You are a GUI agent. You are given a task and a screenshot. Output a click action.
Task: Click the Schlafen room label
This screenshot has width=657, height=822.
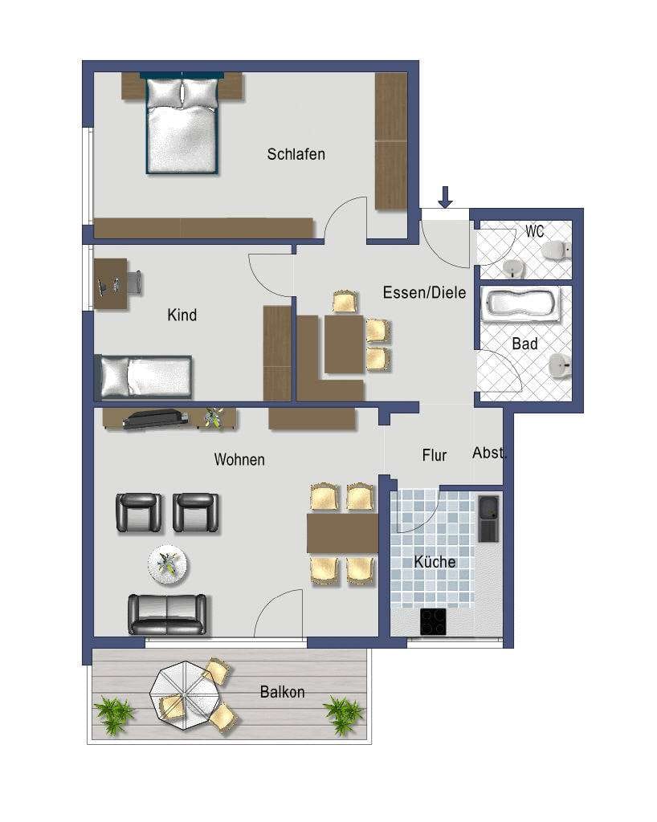[296, 154]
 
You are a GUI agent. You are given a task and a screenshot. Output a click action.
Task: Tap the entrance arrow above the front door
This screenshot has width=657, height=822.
[445, 197]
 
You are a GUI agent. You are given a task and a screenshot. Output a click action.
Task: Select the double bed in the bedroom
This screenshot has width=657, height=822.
[182, 124]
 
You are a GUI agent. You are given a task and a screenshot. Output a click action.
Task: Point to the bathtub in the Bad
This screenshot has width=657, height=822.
[521, 304]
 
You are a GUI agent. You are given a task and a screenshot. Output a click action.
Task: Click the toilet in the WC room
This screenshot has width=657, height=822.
[557, 250]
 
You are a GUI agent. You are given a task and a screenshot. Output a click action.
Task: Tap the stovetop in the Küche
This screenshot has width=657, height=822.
[433, 622]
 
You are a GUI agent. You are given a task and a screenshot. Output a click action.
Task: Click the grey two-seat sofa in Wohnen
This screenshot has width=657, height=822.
[167, 614]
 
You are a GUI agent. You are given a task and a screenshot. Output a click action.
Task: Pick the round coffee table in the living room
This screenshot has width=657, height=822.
[167, 564]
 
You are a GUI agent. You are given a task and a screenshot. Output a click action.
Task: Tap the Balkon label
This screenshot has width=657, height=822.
[282, 692]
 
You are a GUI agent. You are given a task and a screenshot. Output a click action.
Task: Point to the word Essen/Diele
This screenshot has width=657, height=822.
[424, 292]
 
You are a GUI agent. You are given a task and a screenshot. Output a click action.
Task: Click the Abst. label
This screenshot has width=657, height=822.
[489, 453]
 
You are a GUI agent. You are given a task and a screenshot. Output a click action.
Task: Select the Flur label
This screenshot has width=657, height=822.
[435, 455]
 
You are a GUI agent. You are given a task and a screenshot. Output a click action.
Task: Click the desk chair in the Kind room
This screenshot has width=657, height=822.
[134, 283]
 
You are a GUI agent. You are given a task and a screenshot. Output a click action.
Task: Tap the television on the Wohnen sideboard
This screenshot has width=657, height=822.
[155, 419]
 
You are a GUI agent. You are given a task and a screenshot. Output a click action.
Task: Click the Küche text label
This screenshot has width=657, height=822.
[435, 561]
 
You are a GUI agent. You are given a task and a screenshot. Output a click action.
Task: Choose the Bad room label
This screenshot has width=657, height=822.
[524, 344]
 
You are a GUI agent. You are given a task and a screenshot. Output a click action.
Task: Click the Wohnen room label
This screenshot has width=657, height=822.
[239, 460]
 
